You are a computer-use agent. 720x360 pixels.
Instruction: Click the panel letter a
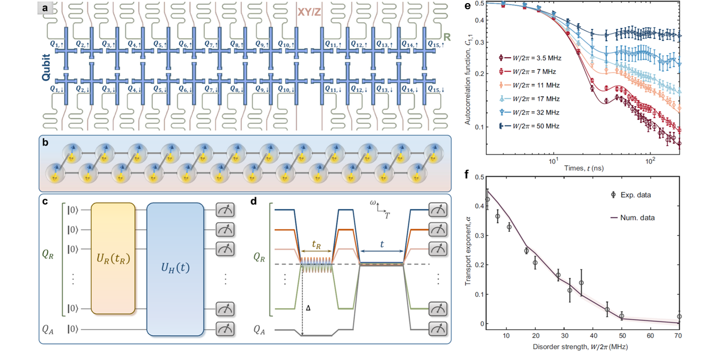pos(46,8)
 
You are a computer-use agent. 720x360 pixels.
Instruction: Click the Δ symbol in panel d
pos(307,309)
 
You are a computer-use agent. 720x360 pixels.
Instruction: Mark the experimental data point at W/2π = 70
pos(679,317)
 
